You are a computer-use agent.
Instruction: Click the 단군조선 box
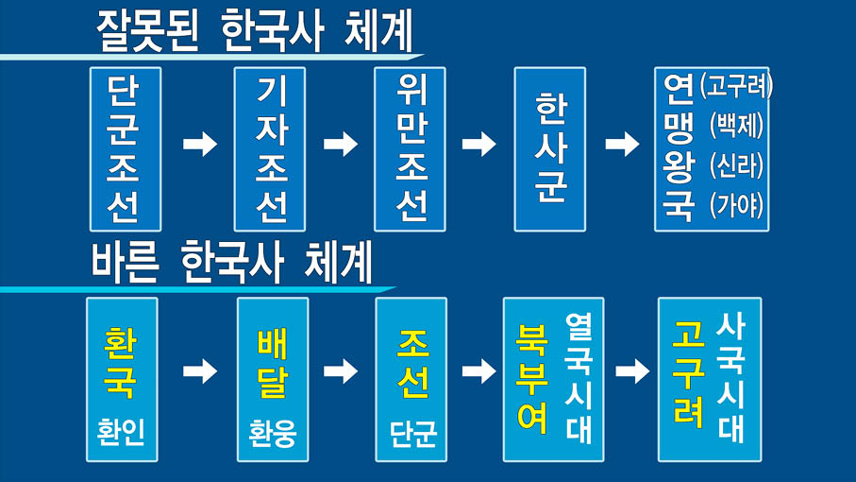tap(126, 148)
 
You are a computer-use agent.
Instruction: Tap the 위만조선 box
tap(410, 148)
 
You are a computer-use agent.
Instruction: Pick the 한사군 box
tap(550, 148)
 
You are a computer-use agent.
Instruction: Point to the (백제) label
tap(737, 127)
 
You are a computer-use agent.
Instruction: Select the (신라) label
tap(737, 164)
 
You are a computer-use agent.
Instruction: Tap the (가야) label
tap(737, 204)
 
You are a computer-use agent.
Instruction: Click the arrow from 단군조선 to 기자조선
tap(199, 145)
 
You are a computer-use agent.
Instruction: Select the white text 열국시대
tap(579, 378)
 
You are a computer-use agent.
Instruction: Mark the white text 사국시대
tap(731, 378)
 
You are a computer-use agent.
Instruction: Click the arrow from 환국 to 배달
tap(199, 371)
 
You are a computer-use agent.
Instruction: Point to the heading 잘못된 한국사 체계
tap(255, 34)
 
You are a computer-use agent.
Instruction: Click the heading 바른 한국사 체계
tap(232, 264)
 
